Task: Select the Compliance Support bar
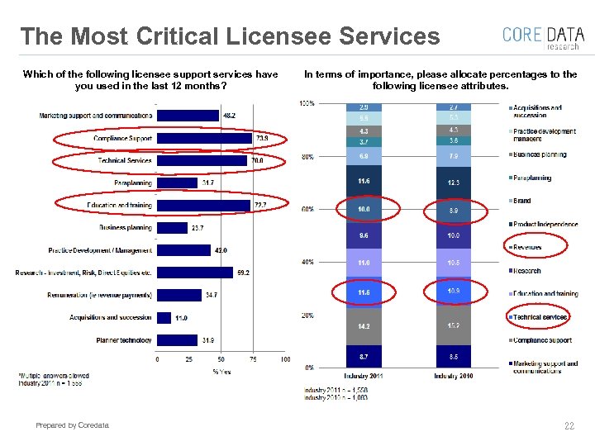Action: pos(203,139)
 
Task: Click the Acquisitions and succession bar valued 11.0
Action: pos(165,317)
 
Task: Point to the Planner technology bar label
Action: pos(124,340)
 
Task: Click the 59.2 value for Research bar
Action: pos(243,273)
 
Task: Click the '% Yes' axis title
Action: pos(221,372)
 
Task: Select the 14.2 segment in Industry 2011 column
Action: pos(364,326)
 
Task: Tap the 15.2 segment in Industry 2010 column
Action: pos(453,325)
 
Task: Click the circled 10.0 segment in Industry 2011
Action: pos(364,210)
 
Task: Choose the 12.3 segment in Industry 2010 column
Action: pos(453,183)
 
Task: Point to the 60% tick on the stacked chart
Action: pos(307,210)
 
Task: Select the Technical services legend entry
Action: pos(540,317)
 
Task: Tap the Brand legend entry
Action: pos(521,201)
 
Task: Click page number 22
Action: pos(569,426)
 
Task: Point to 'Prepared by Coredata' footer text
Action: pos(72,425)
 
